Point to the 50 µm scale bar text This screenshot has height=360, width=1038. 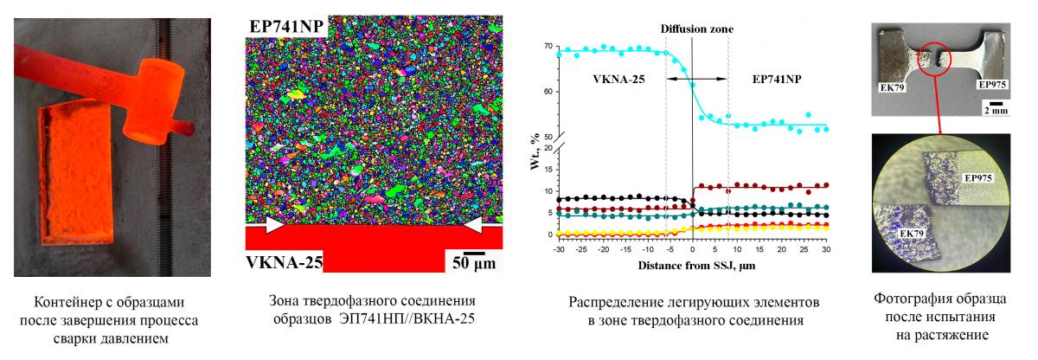point(472,260)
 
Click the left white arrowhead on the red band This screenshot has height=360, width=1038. point(274,225)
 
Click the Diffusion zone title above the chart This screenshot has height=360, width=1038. point(697,29)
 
